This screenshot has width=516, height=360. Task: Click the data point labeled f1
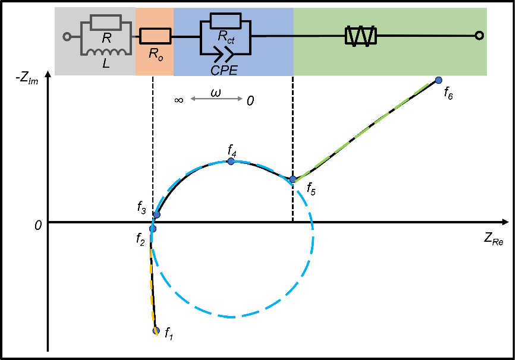pos(156,331)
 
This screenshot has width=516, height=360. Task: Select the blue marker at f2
pos(153,229)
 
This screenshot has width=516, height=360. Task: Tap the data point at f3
pos(156,214)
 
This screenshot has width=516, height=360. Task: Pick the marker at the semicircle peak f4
pos(231,161)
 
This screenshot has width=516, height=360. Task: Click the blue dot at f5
pos(292,179)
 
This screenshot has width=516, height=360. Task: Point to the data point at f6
pos(439,80)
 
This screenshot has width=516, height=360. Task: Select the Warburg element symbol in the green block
pos(361,37)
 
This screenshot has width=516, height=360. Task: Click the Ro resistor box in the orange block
pos(155,37)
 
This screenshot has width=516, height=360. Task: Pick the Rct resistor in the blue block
pos(225,22)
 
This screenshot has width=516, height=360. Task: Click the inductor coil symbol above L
pos(106,52)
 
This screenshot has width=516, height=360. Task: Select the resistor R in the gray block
pos(106,23)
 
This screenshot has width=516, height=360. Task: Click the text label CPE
pos(224,70)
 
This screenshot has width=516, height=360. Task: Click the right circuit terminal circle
pos(479,37)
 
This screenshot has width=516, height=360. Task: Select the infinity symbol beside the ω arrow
pos(178,100)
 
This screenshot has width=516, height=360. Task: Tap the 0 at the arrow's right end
pos(250,100)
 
